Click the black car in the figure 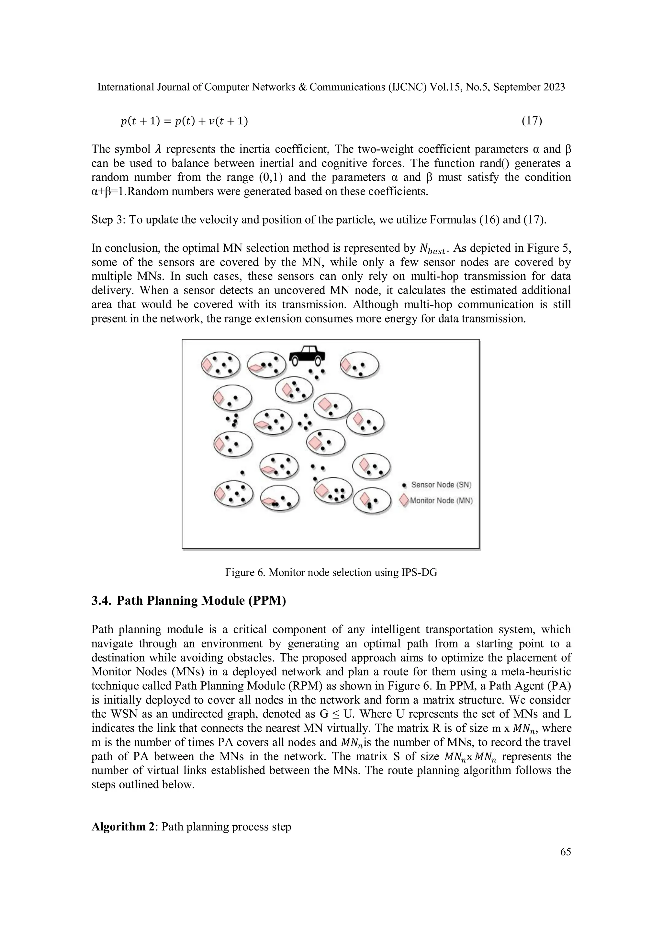click(307, 355)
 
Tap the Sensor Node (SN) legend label click(441, 485)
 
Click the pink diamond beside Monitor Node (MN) click(404, 500)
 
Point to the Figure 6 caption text click(331, 572)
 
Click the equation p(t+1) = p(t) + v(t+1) click(184, 121)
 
